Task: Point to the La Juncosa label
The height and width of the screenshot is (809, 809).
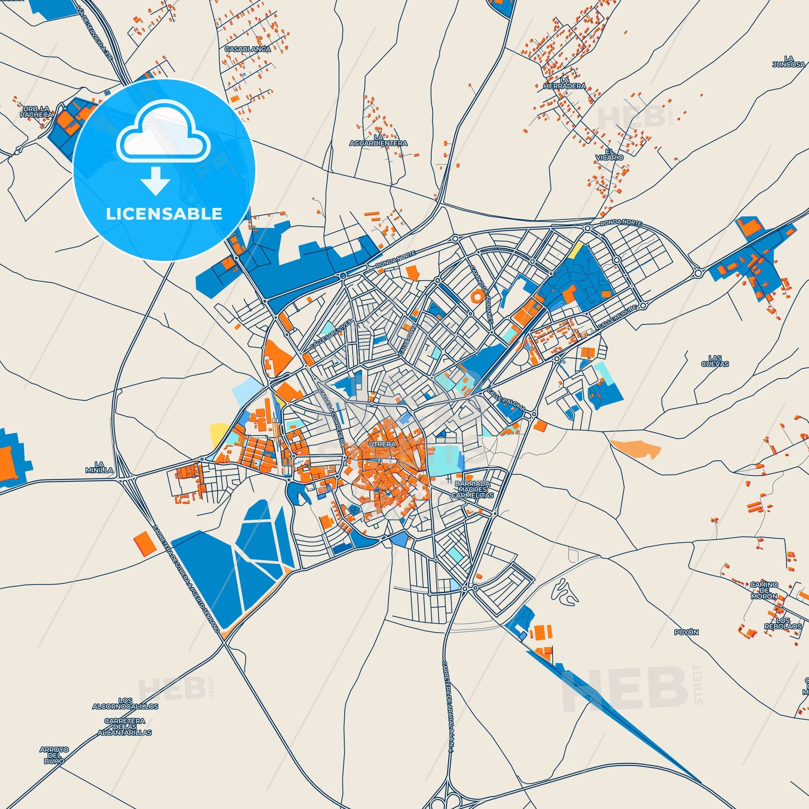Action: [789, 61]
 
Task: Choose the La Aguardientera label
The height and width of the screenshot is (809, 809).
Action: [379, 140]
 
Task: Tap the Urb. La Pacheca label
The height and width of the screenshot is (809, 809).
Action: [38, 111]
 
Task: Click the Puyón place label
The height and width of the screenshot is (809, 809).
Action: [687, 632]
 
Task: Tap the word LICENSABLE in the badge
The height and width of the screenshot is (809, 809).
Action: [164, 214]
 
